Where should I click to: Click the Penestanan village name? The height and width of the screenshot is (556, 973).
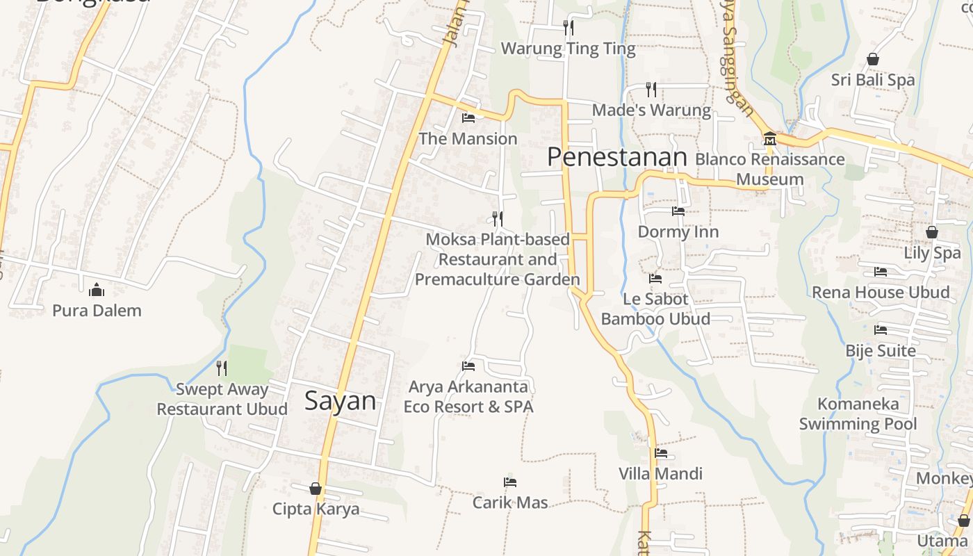coord(616,157)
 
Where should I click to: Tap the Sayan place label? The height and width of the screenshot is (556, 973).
coord(341,401)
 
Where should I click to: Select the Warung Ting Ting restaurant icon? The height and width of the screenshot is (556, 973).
coord(569,28)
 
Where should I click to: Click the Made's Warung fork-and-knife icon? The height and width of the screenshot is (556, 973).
coord(651,89)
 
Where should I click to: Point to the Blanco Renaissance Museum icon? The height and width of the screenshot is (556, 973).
coord(769,139)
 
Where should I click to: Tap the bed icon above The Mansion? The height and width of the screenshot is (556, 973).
coord(468,117)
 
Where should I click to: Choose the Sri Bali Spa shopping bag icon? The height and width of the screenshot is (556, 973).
coord(872,59)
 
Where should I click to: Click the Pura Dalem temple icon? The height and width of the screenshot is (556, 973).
coord(97,288)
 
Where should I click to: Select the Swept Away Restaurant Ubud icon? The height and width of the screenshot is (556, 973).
coord(222,368)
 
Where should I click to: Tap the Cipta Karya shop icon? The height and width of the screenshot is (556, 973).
coord(316,489)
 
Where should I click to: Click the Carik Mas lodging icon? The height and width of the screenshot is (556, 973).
coord(510,482)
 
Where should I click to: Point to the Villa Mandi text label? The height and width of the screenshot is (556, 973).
coord(660,474)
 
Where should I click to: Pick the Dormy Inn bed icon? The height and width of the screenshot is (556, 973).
coord(678,211)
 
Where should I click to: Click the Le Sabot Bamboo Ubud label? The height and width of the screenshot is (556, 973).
coord(655,309)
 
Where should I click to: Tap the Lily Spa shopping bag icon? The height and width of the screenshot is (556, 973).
coord(931,232)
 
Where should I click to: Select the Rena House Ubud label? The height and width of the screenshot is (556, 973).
coord(881,292)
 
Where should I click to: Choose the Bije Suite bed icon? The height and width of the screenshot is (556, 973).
coord(881,329)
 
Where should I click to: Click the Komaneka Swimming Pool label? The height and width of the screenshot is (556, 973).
coord(858,414)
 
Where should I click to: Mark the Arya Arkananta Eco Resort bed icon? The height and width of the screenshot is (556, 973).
coord(468,366)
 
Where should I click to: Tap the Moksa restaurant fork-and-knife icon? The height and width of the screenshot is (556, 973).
coord(497,219)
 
